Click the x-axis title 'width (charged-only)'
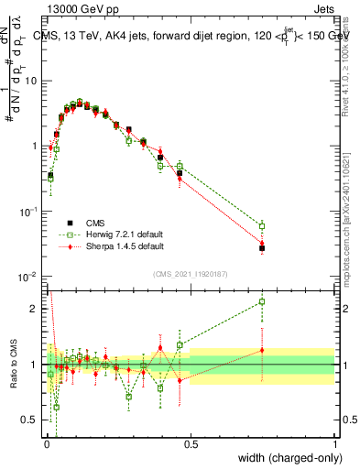284,457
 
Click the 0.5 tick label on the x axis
190,442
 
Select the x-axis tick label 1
334,442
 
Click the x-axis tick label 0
46,442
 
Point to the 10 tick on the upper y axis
32,81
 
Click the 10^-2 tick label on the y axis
29,277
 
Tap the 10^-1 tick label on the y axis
29,212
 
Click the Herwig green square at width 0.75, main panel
262,225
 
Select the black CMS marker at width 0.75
262,247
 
